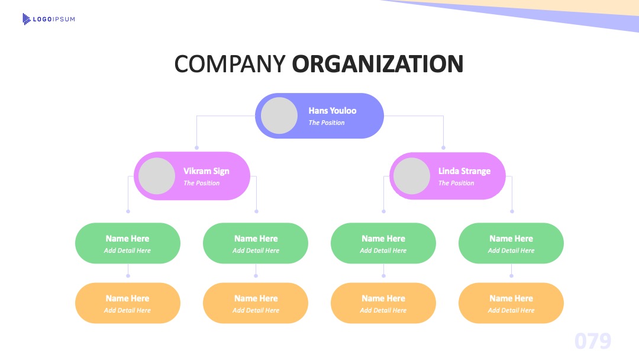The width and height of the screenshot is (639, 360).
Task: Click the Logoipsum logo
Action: click(x=49, y=19)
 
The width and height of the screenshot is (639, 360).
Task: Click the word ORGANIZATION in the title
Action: click(x=377, y=64)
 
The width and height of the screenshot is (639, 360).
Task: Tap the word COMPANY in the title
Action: click(x=230, y=64)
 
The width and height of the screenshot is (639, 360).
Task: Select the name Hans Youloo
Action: click(x=332, y=111)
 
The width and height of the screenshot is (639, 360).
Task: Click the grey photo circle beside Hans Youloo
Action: click(x=279, y=115)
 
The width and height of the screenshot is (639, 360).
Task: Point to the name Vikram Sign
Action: click(x=206, y=171)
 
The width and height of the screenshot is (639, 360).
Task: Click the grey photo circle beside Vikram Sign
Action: click(x=157, y=176)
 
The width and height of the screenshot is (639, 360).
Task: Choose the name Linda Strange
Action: click(x=464, y=171)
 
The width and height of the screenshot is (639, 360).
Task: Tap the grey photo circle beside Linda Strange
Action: click(x=412, y=176)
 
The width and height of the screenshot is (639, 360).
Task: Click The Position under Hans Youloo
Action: click(x=327, y=123)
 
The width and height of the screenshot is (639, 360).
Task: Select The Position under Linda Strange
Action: click(x=456, y=183)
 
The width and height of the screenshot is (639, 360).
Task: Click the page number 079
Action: click(x=593, y=341)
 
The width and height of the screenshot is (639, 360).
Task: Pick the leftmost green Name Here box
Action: click(x=128, y=243)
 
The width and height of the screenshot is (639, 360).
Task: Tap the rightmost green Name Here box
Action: click(x=511, y=243)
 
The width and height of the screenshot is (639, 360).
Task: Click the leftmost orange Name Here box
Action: click(x=128, y=303)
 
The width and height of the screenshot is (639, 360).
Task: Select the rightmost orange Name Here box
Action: click(x=511, y=303)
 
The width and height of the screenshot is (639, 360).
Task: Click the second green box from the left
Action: click(x=256, y=243)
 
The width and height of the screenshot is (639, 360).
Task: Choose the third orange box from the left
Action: click(x=383, y=303)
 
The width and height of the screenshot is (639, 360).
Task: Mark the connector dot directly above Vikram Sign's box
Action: click(x=197, y=147)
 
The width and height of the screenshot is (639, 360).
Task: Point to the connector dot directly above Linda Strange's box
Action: click(x=443, y=147)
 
